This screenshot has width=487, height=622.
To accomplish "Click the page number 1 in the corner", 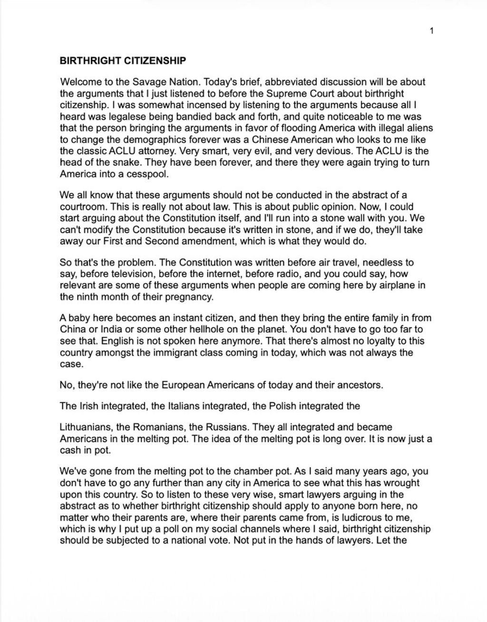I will (x=431, y=31).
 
